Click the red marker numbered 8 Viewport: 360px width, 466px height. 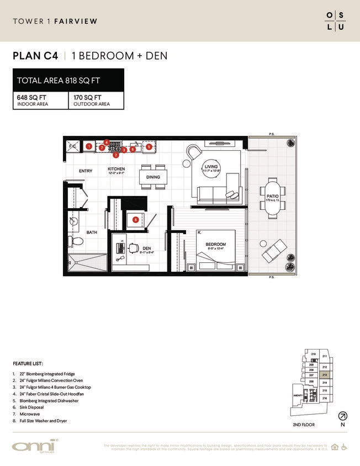coord(136,219)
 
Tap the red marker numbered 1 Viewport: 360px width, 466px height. coord(89,146)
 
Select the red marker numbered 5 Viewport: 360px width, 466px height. coord(149,147)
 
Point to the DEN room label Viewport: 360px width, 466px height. coord(146,248)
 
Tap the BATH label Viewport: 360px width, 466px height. coord(92,232)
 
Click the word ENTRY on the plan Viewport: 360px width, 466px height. coord(86,171)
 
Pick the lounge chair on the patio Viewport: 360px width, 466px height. coord(274,251)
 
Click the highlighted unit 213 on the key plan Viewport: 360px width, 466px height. coord(325,374)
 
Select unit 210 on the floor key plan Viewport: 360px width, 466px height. coord(313,354)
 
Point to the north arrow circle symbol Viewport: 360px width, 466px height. coord(343,416)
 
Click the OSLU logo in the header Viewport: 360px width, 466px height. coord(335,21)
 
